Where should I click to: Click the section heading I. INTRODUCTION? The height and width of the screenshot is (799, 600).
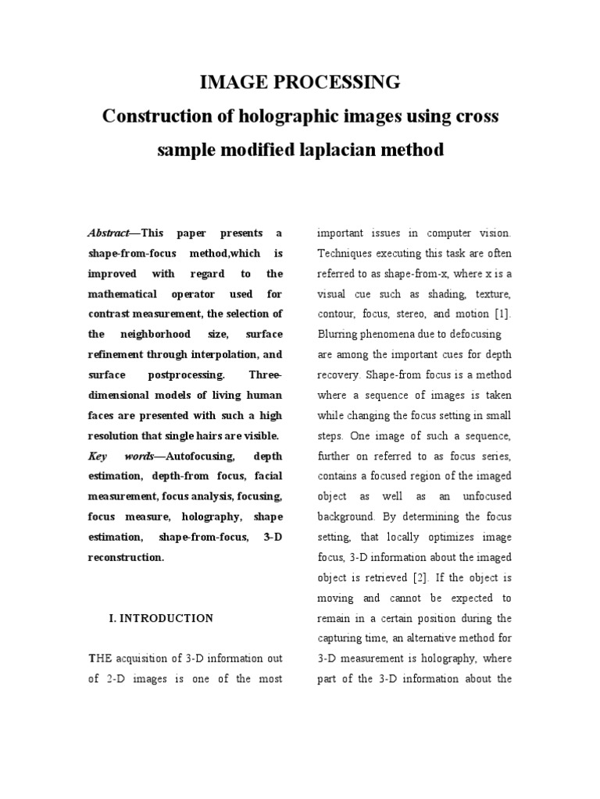pyautogui.click(x=161, y=618)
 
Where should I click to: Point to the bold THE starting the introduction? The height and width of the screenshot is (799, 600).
pyautogui.click(x=97, y=659)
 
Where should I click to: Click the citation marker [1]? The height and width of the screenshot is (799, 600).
pyautogui.click(x=502, y=314)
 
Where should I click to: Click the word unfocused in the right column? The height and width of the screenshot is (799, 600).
pyautogui.click(x=482, y=496)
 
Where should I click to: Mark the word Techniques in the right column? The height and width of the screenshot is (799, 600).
pyautogui.click(x=345, y=254)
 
